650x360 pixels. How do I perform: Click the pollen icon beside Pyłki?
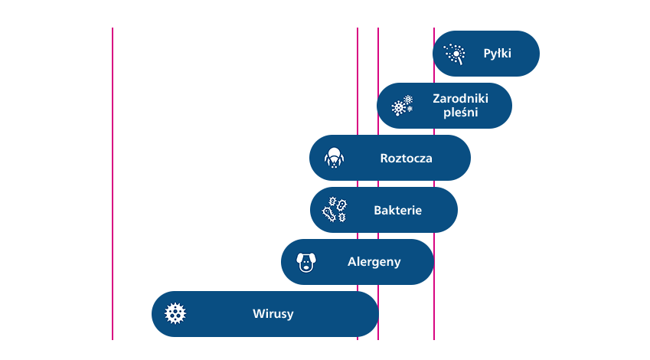(455, 54)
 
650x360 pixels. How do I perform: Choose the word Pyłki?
(497, 54)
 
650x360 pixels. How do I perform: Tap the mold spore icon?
(402, 106)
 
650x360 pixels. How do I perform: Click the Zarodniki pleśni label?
(460, 106)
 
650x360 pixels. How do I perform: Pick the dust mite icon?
(333, 158)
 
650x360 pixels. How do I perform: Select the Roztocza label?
(406, 159)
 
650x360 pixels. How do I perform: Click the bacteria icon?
(334, 210)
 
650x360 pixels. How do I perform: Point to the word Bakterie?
(397, 211)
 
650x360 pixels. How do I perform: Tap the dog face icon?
(306, 263)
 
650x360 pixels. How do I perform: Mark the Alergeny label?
(374, 262)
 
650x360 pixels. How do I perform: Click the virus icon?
(176, 313)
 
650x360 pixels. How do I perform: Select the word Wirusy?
(273, 313)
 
